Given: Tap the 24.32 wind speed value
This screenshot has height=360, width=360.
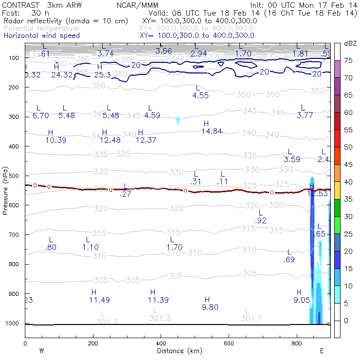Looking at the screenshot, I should click(62, 74).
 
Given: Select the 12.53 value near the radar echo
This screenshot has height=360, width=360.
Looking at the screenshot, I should click(318, 194).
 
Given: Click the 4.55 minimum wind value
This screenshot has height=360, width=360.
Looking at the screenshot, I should click(200, 95).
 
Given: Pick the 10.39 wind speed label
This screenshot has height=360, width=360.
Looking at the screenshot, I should click(55, 140).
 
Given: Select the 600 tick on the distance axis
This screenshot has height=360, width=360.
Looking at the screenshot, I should click(229, 343).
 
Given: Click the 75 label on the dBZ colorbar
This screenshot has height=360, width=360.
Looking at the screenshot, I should click(349, 60).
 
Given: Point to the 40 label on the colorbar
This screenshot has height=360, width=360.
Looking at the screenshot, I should click(349, 182).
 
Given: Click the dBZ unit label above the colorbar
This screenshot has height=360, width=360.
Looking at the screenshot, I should click(350, 43).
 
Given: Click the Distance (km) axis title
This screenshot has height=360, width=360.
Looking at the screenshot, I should click(177, 351).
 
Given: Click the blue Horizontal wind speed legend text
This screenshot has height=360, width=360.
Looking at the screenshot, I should click(42, 36).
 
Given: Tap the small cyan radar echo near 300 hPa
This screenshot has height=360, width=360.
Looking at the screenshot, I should click(178, 121).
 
